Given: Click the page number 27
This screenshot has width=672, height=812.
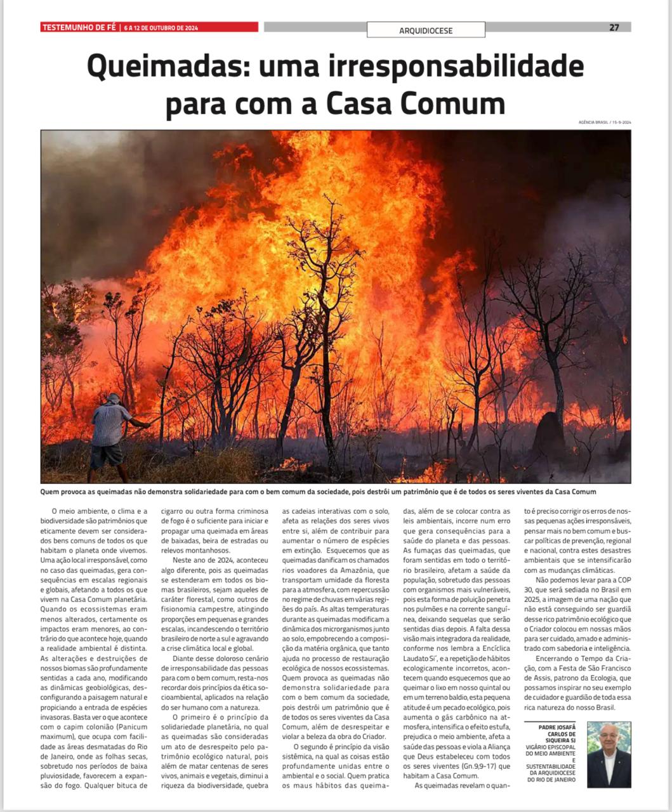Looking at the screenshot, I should pyautogui.click(x=614, y=27).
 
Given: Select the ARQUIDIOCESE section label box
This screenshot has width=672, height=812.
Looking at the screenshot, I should pyautogui.click(x=426, y=30).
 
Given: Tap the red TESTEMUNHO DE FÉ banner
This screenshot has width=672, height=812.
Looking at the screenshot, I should pyautogui.click(x=149, y=27).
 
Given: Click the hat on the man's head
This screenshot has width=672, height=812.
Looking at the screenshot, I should pyautogui.click(x=113, y=398).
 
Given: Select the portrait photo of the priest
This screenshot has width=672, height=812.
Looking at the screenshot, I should pyautogui.click(x=609, y=754).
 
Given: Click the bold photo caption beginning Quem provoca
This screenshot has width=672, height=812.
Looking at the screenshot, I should pyautogui.click(x=317, y=492).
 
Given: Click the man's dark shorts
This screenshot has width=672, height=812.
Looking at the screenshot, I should pyautogui.click(x=107, y=455).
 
